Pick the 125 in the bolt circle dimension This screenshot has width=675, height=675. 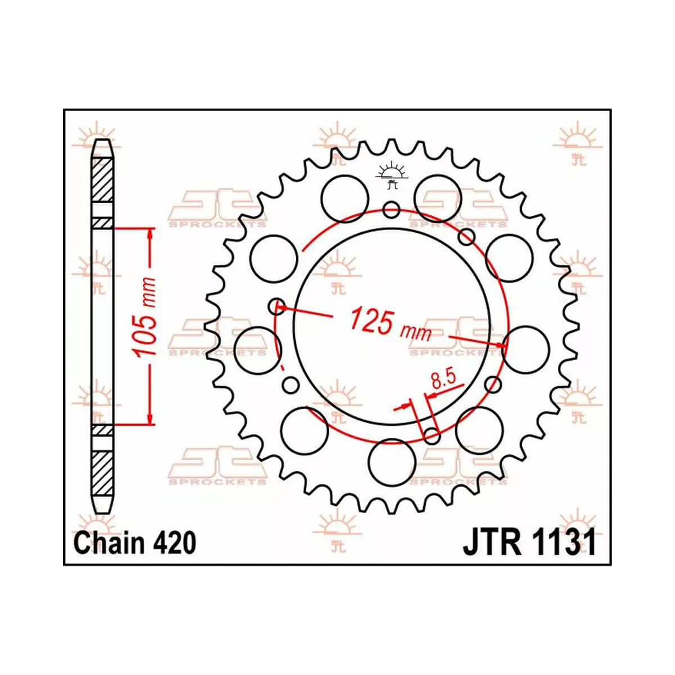[x=371, y=321]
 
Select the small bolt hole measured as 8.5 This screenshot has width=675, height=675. [x=431, y=434]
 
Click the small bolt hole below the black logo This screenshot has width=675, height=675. [x=391, y=210]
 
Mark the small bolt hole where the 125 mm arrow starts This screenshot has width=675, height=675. [x=276, y=307]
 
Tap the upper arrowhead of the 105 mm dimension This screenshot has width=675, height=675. [x=150, y=232]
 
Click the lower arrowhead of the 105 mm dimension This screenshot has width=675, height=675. [x=150, y=419]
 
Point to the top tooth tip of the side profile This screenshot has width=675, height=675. [x=102, y=142]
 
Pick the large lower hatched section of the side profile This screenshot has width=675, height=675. [x=102, y=471]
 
